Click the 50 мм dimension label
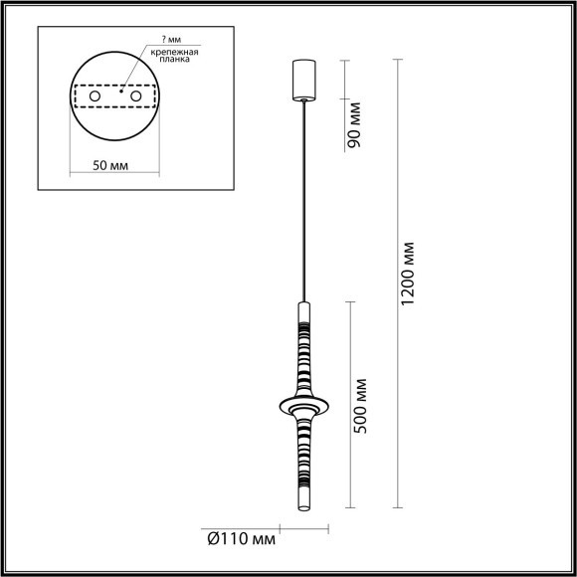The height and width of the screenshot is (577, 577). point(115,164)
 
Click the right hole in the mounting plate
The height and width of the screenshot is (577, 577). point(139,96)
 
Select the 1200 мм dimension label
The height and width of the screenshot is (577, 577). point(405,274)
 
